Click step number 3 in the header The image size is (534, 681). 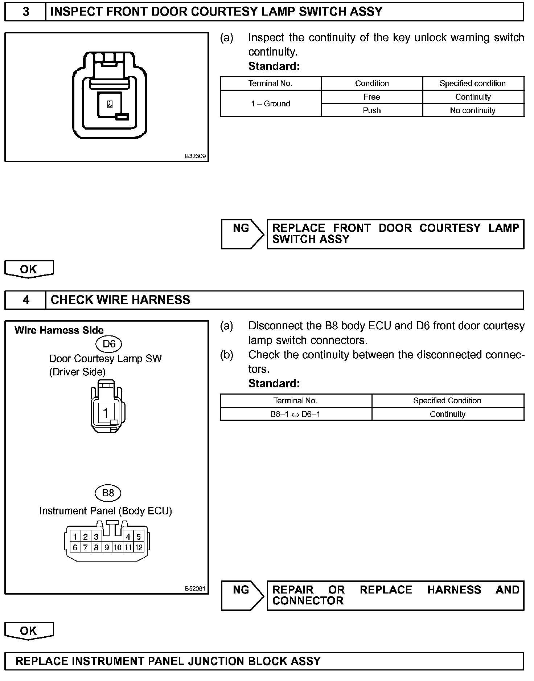26,12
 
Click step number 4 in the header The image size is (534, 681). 26,300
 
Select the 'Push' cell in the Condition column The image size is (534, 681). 371,110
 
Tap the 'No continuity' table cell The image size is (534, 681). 473,110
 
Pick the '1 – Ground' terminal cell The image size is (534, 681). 271,104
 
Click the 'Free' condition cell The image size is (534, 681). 371,97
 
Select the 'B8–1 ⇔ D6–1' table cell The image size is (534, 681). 295,414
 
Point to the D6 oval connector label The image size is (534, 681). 109,343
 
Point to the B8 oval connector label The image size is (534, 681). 108,493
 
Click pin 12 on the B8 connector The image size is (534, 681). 139,547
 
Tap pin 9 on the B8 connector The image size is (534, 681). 107,547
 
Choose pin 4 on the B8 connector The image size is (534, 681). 128,537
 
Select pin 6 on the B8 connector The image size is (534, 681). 75,547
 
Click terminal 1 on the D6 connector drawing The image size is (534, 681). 106,413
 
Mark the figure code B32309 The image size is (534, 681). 195,156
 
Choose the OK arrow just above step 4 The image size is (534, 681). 29,269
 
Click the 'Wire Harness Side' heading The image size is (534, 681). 59,330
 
